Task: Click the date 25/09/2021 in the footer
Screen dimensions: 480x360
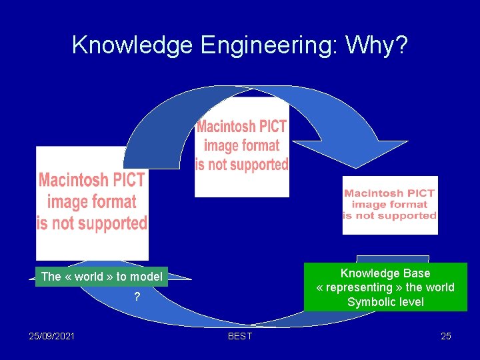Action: pos(52,335)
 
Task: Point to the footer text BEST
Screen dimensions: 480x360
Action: pos(240,336)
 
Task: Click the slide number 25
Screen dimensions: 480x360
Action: pos(446,335)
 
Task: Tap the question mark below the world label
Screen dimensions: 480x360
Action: pos(137,297)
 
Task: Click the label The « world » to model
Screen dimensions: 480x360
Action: pos(101,277)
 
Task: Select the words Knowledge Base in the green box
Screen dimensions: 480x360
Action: pos(385,273)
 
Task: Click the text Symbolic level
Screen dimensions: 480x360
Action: pos(385,302)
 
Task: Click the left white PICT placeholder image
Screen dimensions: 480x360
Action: pos(92,202)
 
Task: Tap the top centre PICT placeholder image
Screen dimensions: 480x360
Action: pos(241,147)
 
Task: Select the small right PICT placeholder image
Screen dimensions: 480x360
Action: pos(390,205)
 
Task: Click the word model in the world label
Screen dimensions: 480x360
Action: pos(146,277)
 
